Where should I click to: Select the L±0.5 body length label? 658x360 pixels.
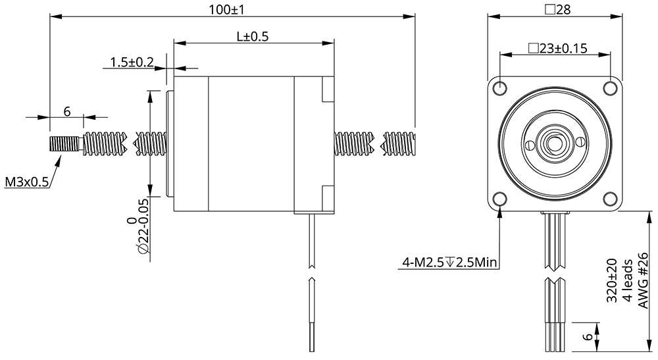point(253,37)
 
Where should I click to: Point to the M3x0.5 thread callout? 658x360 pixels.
point(27,182)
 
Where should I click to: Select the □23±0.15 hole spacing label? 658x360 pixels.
point(557,48)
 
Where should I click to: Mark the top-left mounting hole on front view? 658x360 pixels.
point(499,88)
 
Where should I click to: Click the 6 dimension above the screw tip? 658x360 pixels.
point(66,111)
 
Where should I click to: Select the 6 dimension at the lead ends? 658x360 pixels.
point(584,337)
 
